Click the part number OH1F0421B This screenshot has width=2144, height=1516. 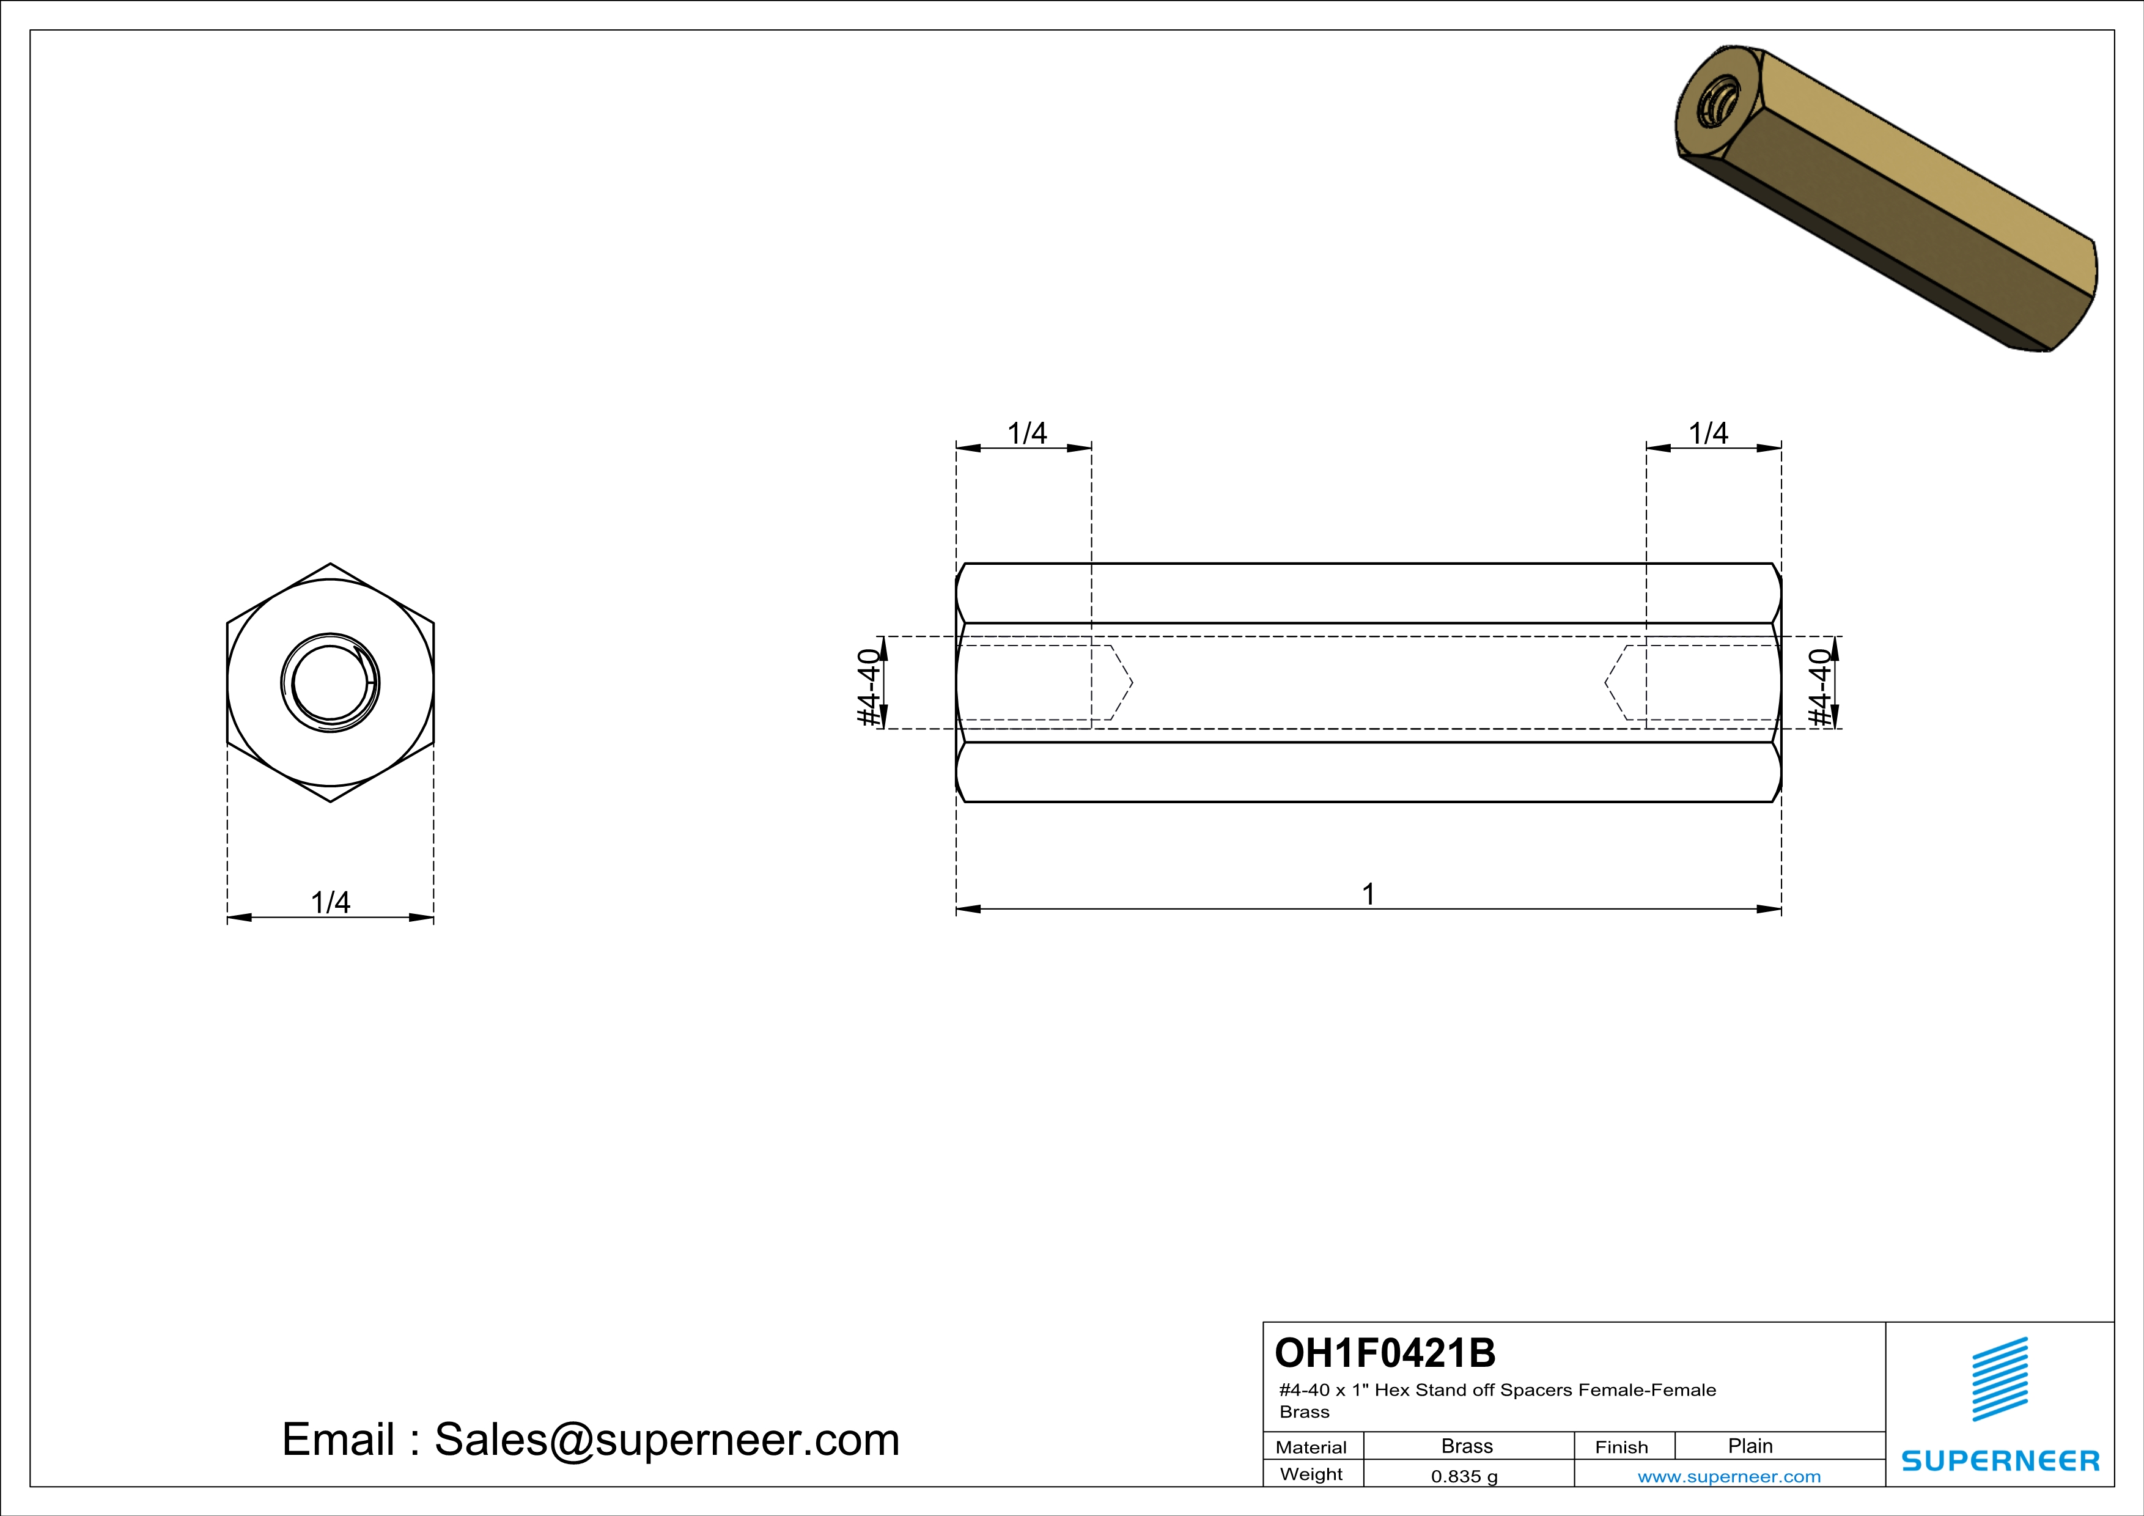[1385, 1353]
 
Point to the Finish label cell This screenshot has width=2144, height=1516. [1621, 1447]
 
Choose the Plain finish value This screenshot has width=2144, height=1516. [1750, 1446]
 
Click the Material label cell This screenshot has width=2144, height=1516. [1311, 1447]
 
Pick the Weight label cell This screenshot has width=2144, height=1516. [1311, 1474]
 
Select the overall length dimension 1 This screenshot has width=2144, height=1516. [1368, 894]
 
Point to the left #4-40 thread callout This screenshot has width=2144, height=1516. [869, 687]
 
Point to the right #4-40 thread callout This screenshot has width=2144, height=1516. [1821, 687]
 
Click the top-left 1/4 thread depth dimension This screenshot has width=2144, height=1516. [1027, 433]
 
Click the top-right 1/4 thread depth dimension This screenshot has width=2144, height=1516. [1709, 433]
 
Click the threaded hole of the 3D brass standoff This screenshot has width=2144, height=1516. [1715, 104]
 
